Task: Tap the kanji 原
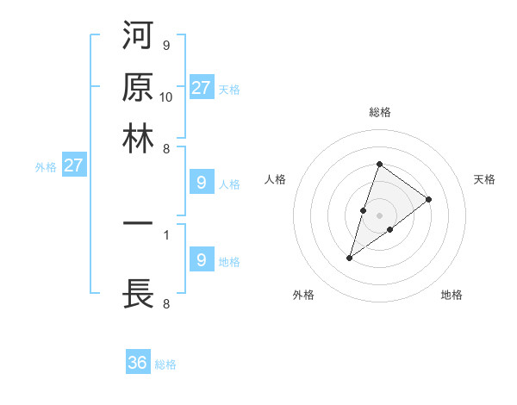138,86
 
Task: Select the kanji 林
138,137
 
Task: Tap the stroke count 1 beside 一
165,233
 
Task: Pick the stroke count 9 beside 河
165,45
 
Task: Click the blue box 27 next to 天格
202,87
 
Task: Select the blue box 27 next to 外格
73,165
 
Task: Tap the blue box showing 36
138,363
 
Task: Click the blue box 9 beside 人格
201,182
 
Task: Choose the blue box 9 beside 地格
201,259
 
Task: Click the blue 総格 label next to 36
165,364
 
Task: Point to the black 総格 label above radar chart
379,112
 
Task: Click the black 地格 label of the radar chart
452,295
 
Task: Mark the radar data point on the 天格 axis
428,199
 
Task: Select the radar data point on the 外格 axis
350,257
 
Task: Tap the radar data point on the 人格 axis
364,209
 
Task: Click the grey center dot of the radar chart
379,215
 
